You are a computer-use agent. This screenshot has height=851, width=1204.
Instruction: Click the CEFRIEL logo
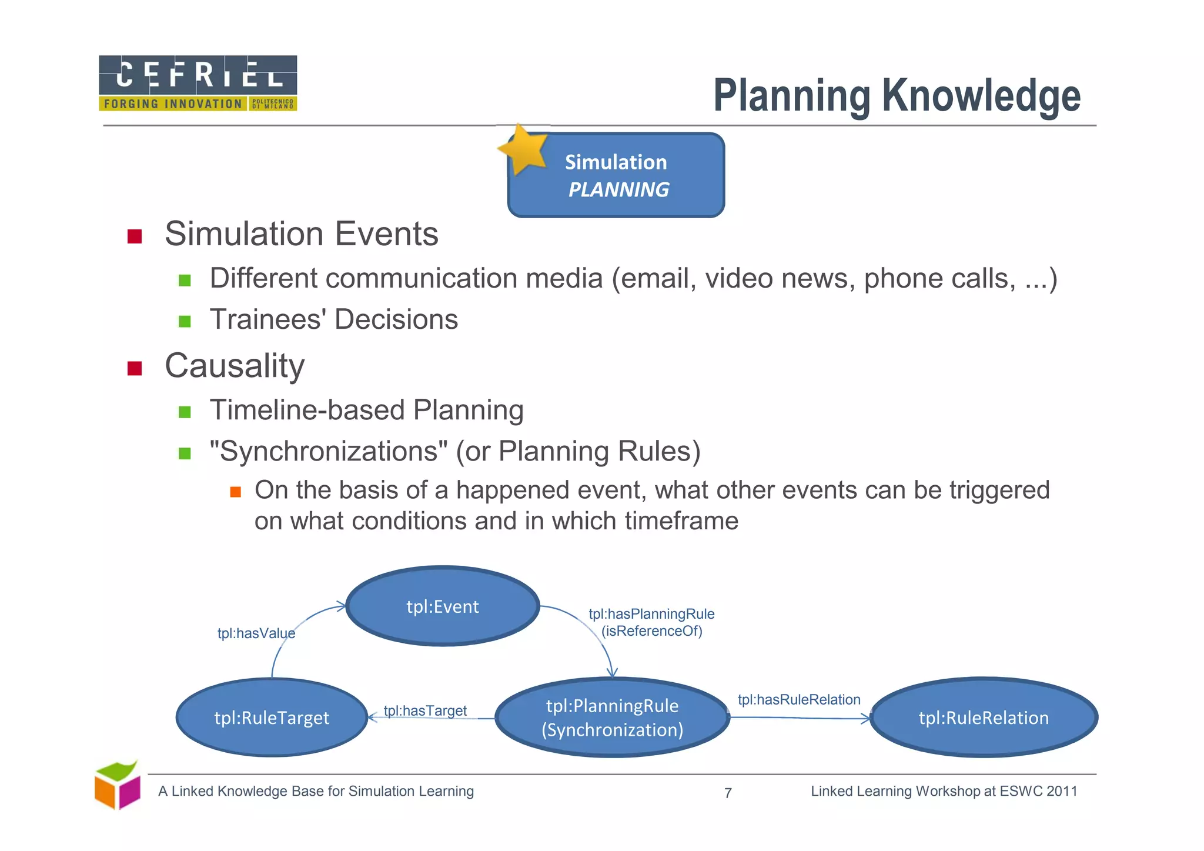(198, 83)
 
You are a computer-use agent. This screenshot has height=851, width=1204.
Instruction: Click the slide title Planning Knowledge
(897, 96)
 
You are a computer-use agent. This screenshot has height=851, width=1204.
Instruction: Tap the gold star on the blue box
(523, 149)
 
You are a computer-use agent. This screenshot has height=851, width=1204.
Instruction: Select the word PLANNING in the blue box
(618, 190)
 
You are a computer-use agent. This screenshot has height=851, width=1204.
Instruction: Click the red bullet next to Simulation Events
(135, 236)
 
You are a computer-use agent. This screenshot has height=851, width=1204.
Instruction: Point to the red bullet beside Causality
(135, 368)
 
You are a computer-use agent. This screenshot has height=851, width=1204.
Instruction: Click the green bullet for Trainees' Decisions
(185, 321)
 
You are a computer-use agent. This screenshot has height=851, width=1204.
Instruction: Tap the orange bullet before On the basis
(236, 492)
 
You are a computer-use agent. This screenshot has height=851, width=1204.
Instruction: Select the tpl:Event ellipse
(443, 606)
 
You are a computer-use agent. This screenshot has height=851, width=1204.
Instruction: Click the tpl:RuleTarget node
(272, 717)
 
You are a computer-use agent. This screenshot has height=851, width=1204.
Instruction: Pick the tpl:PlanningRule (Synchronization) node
(612, 717)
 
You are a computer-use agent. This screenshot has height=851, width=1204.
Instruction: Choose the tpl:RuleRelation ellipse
(984, 717)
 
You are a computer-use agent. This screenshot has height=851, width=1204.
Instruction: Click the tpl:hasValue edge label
(256, 633)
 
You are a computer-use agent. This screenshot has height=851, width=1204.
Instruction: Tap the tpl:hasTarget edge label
(425, 710)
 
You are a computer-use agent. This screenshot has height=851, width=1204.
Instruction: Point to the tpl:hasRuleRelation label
(799, 699)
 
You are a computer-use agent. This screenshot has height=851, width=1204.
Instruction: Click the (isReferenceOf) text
(651, 631)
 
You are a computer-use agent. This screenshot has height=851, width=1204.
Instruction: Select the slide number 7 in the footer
(728, 793)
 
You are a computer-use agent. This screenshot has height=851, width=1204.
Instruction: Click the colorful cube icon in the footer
(118, 785)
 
